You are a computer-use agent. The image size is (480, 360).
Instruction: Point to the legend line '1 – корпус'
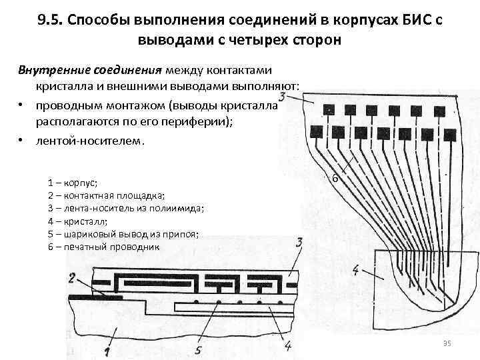[73, 182]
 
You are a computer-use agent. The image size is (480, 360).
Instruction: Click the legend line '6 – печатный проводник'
[104, 247]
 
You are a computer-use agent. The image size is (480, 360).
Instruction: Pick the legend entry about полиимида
[127, 208]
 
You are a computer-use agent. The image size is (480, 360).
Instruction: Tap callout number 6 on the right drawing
[335, 179]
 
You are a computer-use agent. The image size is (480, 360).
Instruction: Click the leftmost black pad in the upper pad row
[328, 109]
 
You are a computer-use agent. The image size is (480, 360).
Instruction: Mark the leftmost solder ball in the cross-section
[195, 303]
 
